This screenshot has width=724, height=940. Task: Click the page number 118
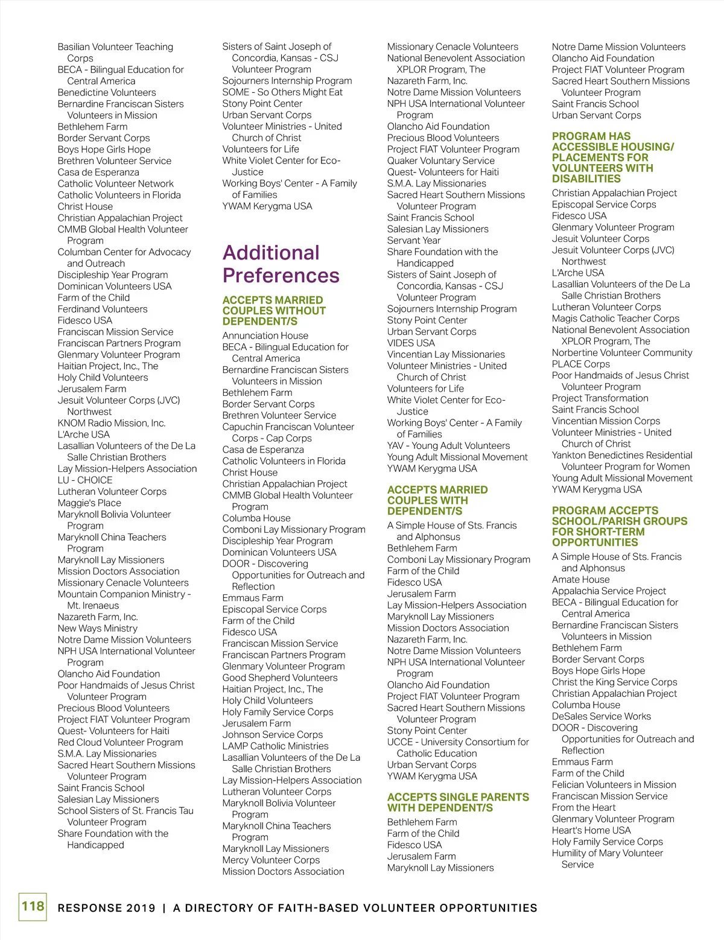[33, 906]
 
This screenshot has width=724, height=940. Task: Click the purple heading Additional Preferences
[281, 264]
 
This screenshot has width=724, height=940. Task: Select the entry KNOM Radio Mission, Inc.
[112, 423]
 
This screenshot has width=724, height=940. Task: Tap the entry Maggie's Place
[89, 503]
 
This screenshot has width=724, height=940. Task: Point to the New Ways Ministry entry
[98, 628]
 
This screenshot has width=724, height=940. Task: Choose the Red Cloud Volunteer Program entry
[120, 742]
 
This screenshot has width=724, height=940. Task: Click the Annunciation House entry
[265, 335]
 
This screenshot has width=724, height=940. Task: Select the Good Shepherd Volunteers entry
[280, 678]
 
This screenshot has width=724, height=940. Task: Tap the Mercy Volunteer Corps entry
[271, 860]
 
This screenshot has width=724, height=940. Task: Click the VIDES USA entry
[411, 343]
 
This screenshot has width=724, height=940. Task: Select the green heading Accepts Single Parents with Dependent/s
[458, 802]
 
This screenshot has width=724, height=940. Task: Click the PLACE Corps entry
[580, 364]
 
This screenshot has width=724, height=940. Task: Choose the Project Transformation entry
[600, 398]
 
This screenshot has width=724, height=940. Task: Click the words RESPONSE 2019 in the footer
[106, 908]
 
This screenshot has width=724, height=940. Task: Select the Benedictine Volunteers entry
[107, 92]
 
